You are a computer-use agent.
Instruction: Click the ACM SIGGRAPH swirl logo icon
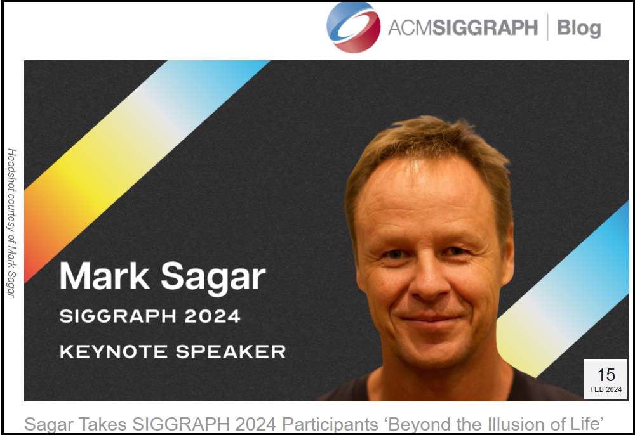tap(353, 27)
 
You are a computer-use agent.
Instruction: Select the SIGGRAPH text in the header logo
tap(485, 27)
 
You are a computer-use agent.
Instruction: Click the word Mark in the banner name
tap(105, 276)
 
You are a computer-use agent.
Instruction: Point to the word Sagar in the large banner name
tap(213, 278)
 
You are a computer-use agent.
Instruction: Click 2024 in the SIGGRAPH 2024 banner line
tap(212, 316)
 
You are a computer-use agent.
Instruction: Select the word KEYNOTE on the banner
tap(114, 352)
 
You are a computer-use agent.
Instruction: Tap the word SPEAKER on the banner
tap(231, 352)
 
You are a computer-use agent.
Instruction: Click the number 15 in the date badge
tap(606, 375)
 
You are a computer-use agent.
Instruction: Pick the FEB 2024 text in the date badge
tap(606, 389)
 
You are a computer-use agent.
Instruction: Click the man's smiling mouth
tap(430, 320)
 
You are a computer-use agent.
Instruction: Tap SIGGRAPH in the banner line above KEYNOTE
tap(118, 316)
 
